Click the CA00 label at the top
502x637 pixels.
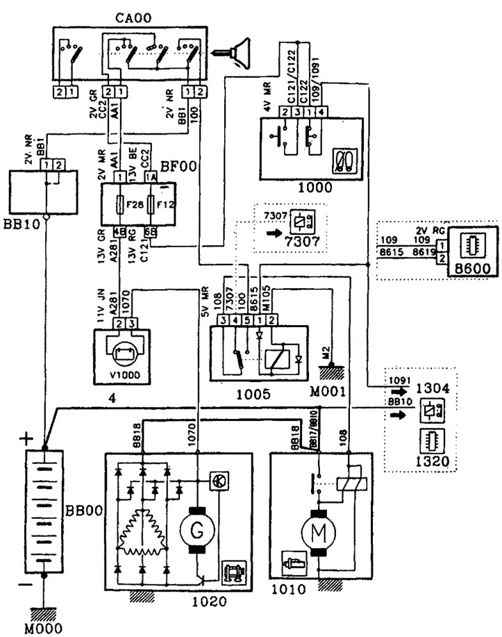pos(137,13)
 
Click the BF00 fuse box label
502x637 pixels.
pos(176,167)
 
